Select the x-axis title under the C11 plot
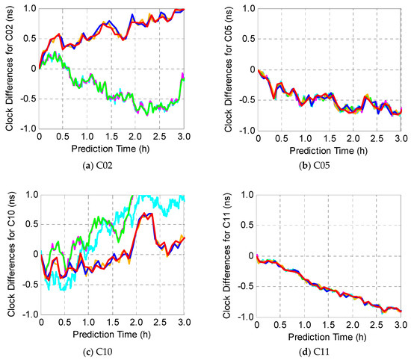point(329,333)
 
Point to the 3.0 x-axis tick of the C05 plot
point(401,138)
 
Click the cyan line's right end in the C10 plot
point(184,198)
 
